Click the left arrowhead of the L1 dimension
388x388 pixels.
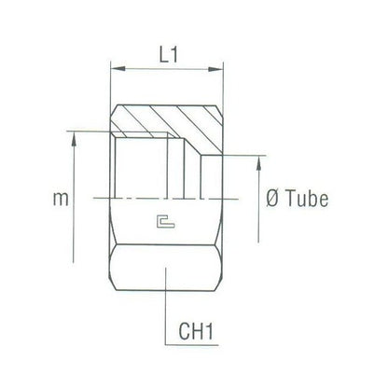[116, 68]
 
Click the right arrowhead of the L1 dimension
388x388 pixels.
[219, 68]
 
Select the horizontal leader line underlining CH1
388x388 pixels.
[201, 343]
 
